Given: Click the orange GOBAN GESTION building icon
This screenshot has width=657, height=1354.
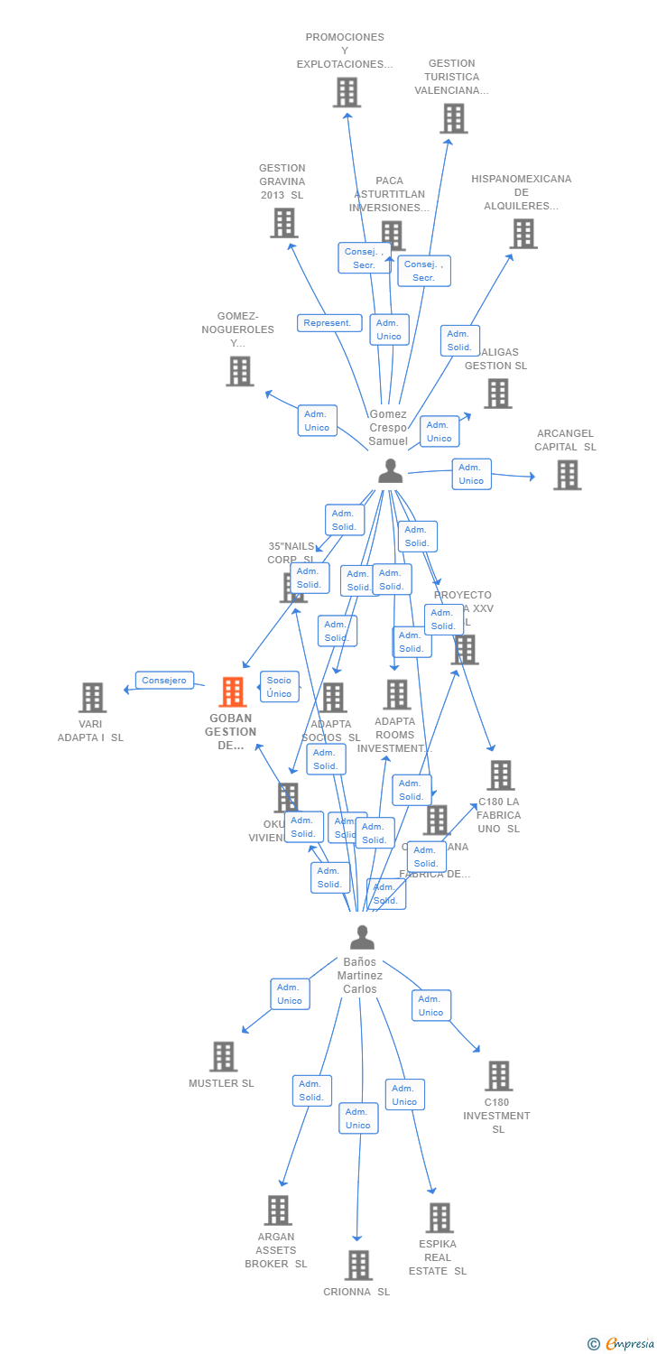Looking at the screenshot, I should (x=233, y=692).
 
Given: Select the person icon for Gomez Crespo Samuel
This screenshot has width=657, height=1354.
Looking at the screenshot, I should (x=390, y=471).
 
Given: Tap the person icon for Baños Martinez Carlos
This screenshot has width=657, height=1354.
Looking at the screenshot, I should (x=362, y=938).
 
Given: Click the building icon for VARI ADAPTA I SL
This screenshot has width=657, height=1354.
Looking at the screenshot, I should (x=92, y=698).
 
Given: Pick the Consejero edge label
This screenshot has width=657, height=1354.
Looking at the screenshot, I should (x=164, y=681).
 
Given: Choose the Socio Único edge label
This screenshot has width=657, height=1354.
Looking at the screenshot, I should (x=279, y=687).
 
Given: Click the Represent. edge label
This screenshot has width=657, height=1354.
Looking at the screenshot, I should (x=329, y=323).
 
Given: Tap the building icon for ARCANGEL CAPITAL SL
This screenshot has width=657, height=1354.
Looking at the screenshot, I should (x=567, y=475).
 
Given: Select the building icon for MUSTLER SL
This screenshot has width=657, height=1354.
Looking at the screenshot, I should (x=223, y=1056).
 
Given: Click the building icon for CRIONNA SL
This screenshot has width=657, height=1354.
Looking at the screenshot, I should (x=358, y=1266).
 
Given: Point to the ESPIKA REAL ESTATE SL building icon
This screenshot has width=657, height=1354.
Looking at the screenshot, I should (x=439, y=1218).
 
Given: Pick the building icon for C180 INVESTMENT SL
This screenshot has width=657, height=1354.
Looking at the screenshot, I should (x=498, y=1076).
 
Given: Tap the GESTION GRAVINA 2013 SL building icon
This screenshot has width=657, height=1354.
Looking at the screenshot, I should (x=284, y=223).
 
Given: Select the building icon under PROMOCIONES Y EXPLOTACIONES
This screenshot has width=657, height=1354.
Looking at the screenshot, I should (x=347, y=92).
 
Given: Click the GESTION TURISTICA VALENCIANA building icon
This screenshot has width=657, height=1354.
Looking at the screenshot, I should (x=453, y=118).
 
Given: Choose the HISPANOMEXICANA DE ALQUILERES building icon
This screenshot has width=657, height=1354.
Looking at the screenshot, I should (x=523, y=234).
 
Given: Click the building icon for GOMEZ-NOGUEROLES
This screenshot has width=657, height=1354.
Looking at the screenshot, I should (x=239, y=371).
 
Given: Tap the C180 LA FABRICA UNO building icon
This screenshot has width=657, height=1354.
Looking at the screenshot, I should (x=500, y=775).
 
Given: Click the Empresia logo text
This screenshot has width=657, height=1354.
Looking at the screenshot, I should (x=629, y=1344).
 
